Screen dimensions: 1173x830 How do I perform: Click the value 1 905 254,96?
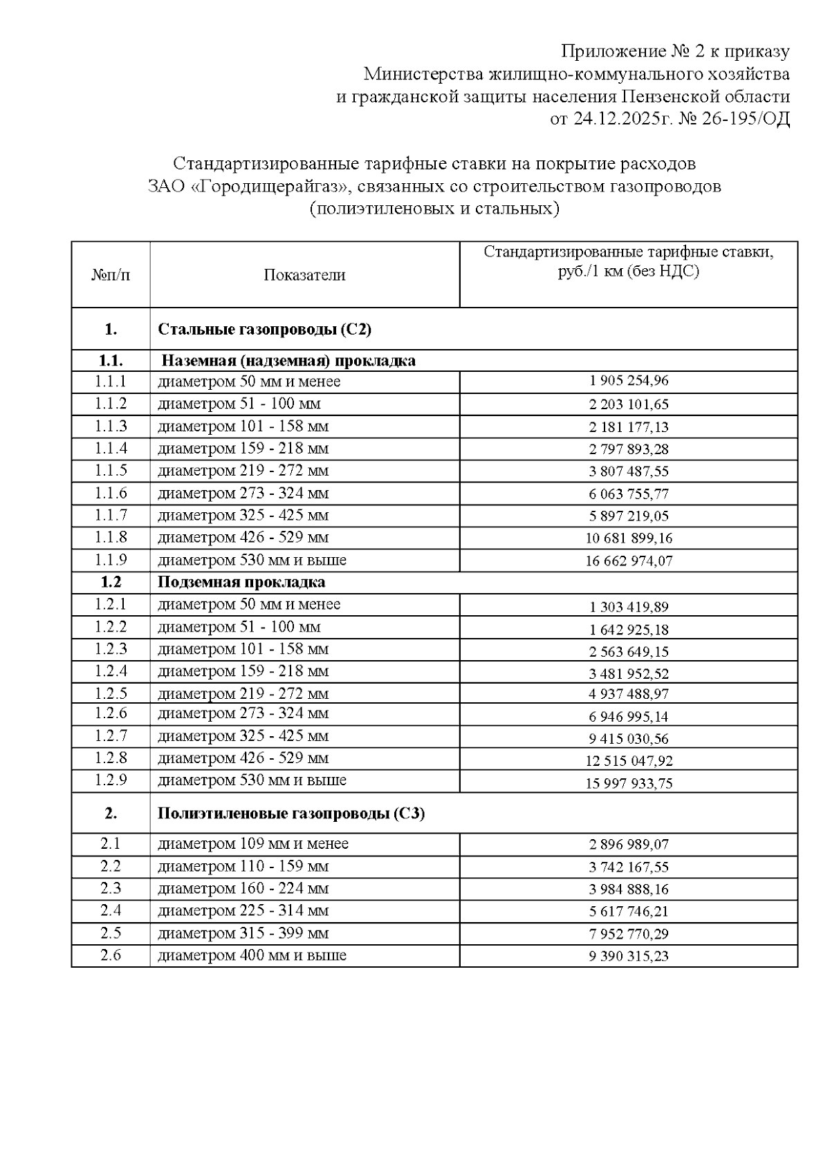tap(629, 381)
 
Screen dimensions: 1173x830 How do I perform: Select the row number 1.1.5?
tap(111, 471)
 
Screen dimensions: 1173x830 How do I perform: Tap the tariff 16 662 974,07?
tap(629, 561)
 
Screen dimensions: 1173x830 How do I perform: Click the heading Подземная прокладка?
tap(241, 582)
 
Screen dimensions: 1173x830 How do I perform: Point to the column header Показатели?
tap(304, 275)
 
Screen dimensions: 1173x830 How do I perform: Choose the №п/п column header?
tap(111, 275)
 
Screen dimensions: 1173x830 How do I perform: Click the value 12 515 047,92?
tap(629, 761)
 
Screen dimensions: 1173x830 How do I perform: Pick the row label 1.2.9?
tap(111, 780)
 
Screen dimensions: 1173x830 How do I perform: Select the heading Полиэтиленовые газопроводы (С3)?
tap(291, 814)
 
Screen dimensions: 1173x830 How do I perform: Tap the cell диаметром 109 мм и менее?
tap(253, 844)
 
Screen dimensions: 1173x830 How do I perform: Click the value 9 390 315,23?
tap(629, 956)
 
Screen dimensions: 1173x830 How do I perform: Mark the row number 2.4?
tap(111, 911)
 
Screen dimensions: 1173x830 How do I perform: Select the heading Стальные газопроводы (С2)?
tap(265, 330)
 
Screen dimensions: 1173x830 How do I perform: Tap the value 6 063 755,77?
tap(629, 494)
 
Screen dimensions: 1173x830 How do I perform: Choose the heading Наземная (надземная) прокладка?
tap(288, 361)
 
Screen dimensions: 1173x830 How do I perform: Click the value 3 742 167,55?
tap(629, 867)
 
